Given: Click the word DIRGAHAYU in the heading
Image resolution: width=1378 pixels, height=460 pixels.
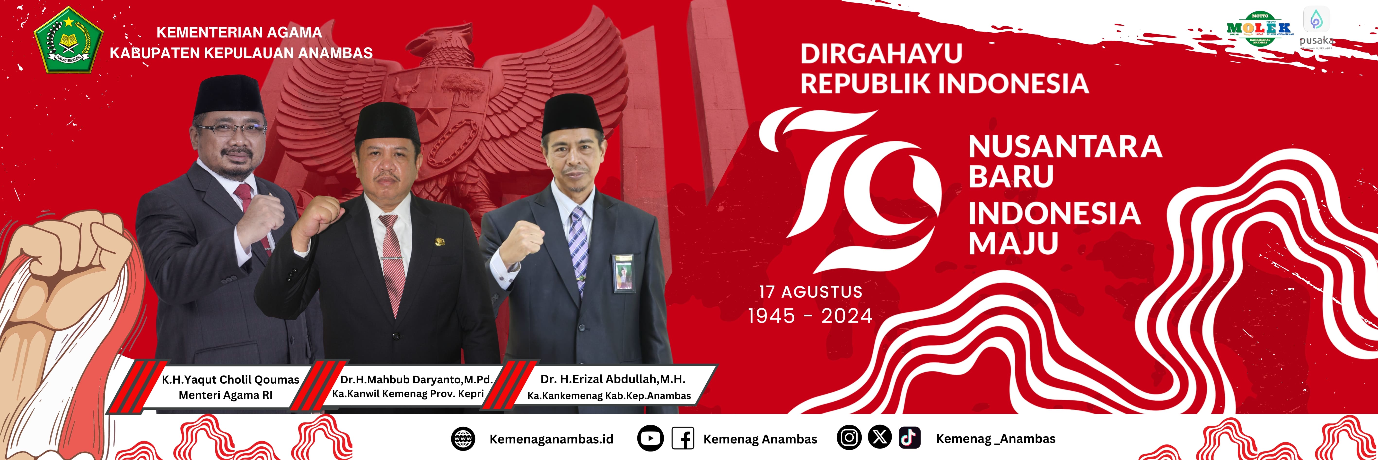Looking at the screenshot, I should pyautogui.click(x=881, y=54).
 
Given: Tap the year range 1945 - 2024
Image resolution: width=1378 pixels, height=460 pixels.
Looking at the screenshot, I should pyautogui.click(x=810, y=316).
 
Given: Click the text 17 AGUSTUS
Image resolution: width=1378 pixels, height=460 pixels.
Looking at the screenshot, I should pyautogui.click(x=810, y=292).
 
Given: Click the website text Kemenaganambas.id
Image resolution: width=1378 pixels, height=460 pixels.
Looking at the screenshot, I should pyautogui.click(x=551, y=439).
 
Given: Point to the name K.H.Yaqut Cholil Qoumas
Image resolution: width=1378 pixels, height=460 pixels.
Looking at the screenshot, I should pyautogui.click(x=231, y=380).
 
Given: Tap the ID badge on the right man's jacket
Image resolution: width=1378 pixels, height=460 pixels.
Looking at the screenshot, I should pyautogui.click(x=623, y=273).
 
